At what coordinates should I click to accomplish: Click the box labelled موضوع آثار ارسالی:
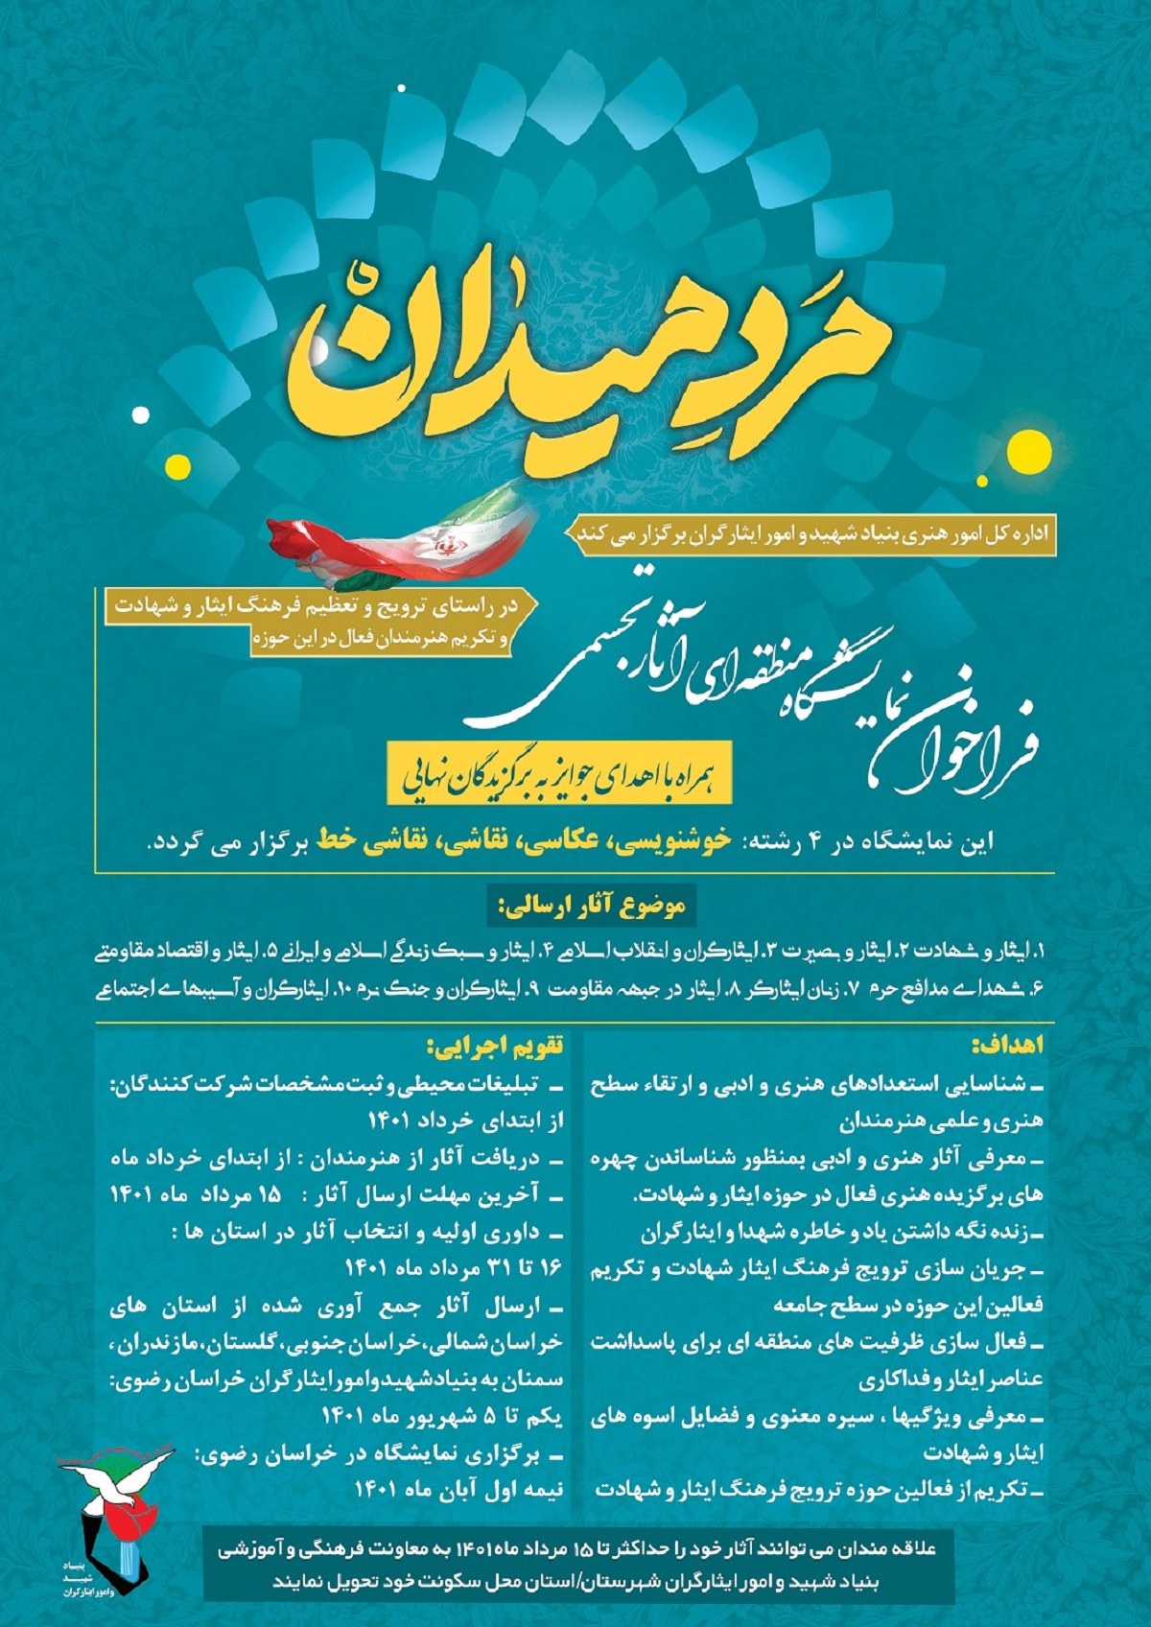click(587, 906)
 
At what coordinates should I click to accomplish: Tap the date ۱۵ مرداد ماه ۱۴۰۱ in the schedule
click(197, 1195)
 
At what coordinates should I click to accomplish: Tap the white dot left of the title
click(141, 414)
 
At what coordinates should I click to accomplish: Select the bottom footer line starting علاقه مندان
click(575, 1550)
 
